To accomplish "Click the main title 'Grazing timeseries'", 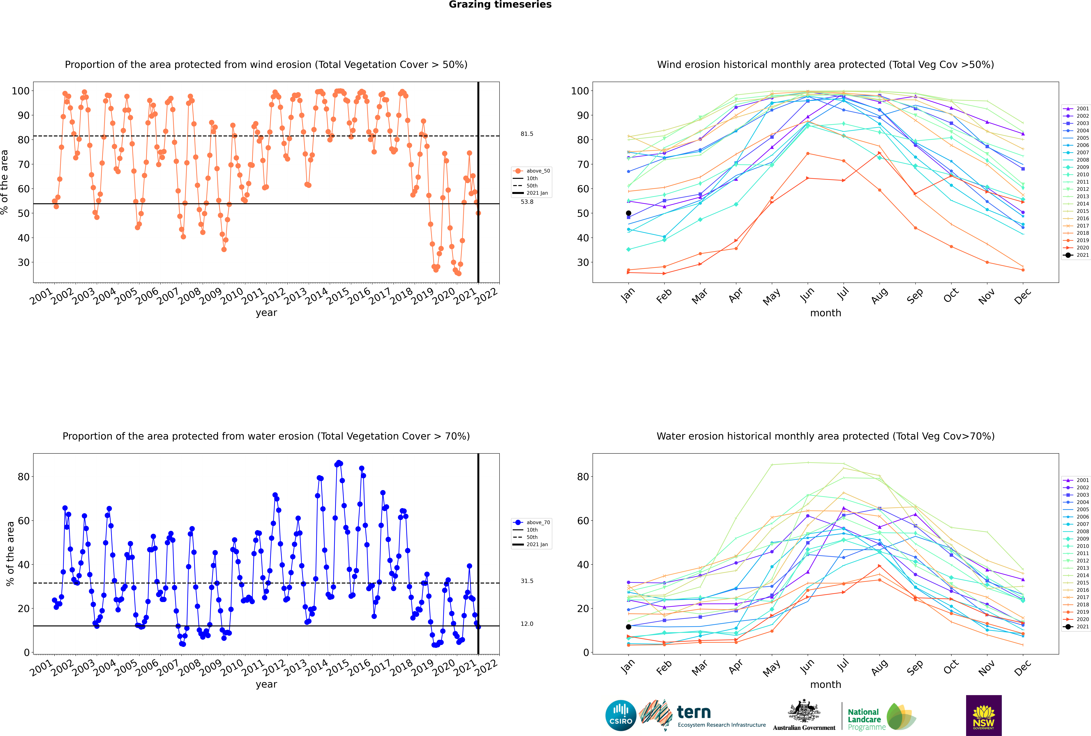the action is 500,5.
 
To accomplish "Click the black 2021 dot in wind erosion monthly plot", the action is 629,213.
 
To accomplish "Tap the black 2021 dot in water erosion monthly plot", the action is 629,627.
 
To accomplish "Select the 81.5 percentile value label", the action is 527,134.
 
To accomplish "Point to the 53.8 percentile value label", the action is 527,202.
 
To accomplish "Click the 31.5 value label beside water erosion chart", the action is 527,581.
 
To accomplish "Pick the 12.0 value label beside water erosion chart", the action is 527,624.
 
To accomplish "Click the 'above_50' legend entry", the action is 531,171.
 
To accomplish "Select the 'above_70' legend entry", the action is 531,522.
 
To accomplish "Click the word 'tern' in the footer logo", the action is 694,712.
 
